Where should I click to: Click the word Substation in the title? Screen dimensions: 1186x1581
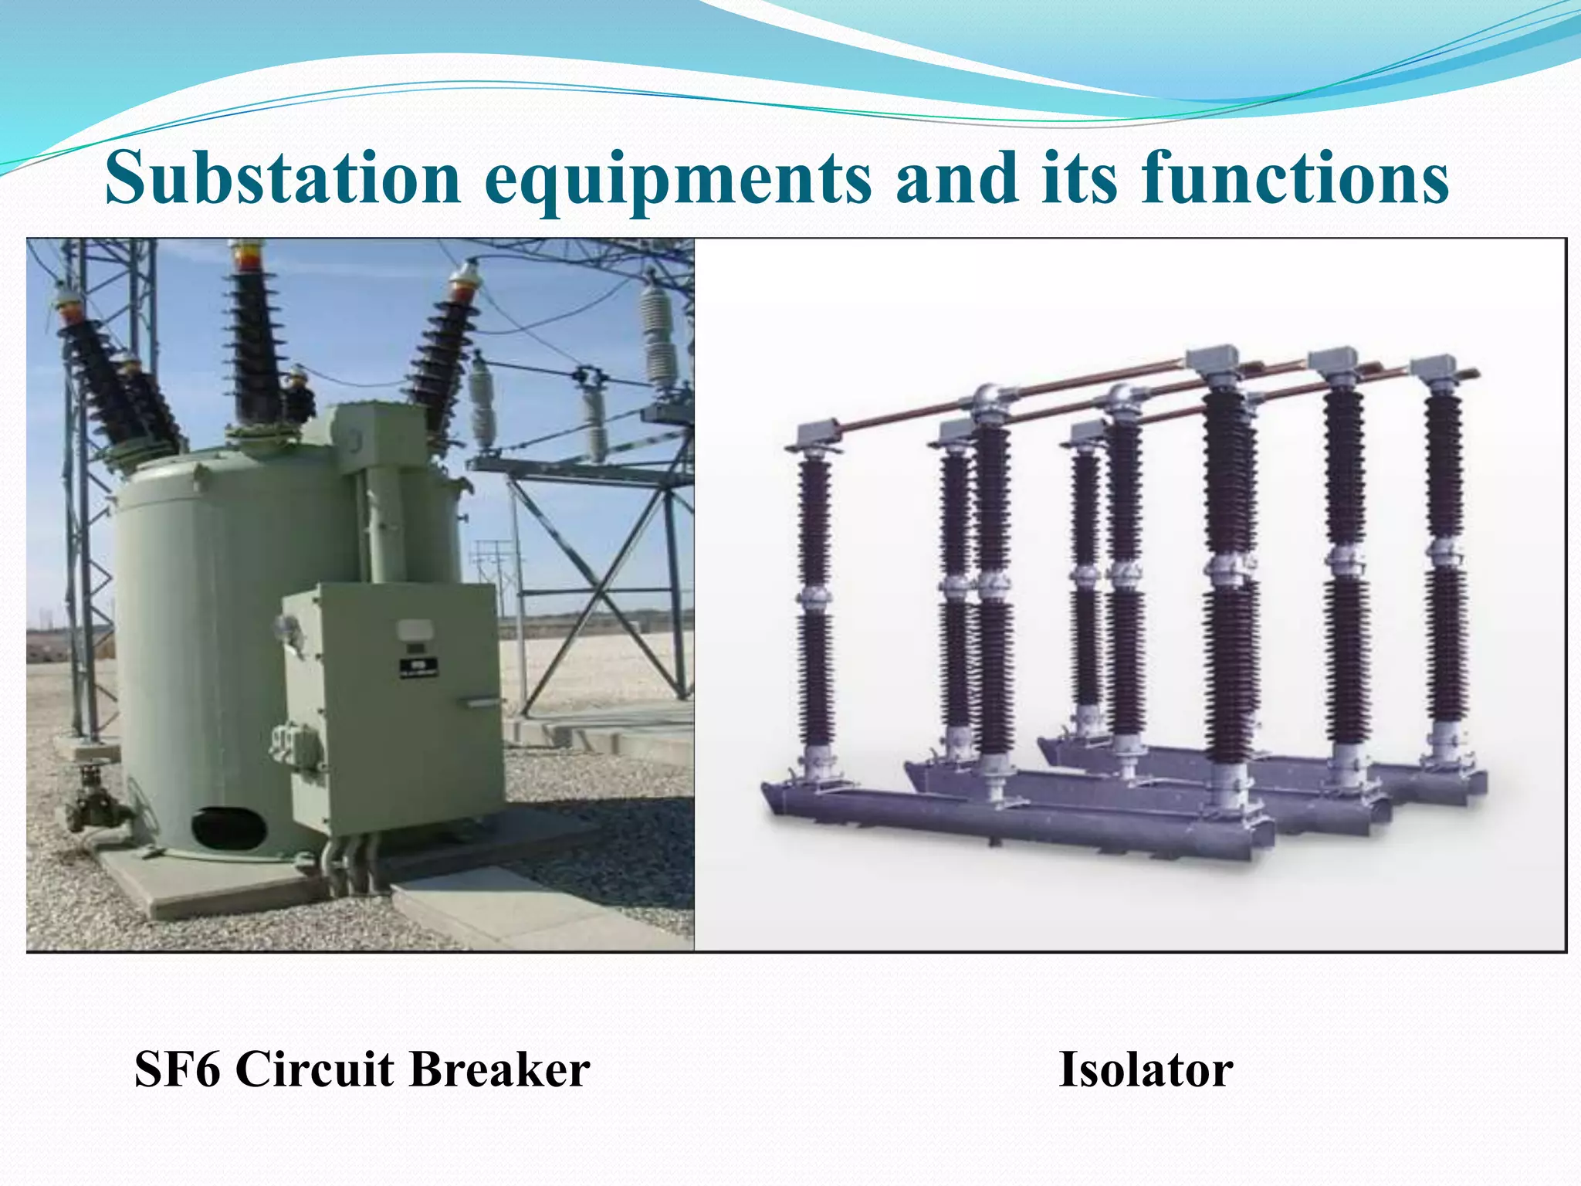[283, 179]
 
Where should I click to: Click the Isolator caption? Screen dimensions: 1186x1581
[1146, 1069]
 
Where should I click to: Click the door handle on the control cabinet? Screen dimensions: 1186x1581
[480, 703]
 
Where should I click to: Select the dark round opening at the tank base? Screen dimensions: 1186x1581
[229, 827]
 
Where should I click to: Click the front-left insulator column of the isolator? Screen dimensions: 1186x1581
[815, 602]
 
